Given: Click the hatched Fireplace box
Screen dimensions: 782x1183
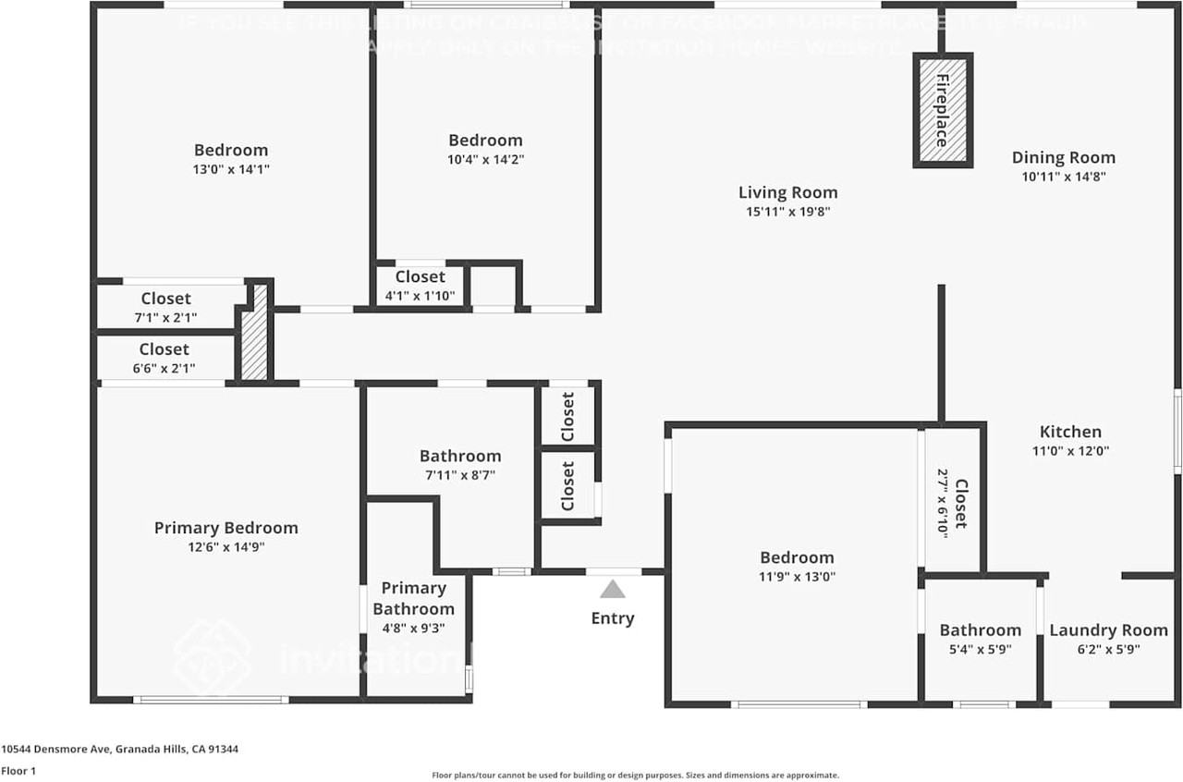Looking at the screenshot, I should pos(943,110).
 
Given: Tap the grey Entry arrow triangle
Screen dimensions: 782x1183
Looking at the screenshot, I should pos(612,590).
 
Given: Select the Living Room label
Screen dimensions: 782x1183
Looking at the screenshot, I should pos(787,192).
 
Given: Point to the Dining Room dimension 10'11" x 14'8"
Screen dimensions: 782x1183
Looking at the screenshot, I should pos(1063,177).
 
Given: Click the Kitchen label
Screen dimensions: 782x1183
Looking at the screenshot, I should pos(1070,432).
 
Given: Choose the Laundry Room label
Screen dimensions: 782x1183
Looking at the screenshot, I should pos(1108,630).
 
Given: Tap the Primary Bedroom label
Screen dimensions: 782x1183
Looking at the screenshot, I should pos(226,528).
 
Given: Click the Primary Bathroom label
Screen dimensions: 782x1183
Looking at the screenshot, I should pos(413,598).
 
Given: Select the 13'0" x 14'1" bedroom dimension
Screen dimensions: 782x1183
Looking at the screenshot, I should pos(231,169).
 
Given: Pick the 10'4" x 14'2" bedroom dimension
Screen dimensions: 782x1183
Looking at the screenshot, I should pos(485,159).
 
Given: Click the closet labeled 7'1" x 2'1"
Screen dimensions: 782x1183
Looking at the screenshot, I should pos(165,308).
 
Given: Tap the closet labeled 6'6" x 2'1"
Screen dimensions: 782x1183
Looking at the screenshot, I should pos(164,359).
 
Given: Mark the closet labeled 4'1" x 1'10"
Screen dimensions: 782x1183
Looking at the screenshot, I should pos(420,286).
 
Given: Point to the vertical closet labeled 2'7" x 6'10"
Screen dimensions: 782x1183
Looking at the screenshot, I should pos(952,504).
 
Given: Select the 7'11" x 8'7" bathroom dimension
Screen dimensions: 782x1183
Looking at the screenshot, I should pos(460,475).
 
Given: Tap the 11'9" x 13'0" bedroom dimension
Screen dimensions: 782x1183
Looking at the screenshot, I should pos(797,577).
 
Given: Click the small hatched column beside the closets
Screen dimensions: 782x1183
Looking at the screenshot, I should pos(256,333).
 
